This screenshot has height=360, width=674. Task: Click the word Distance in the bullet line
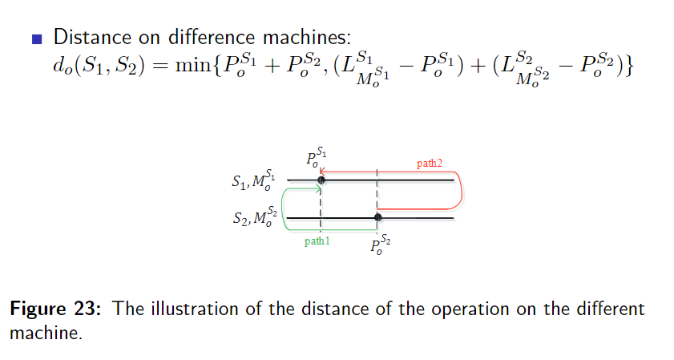pyautogui.click(x=90, y=37)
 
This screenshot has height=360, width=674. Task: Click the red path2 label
pyautogui.click(x=429, y=164)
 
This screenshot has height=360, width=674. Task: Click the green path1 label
pyautogui.click(x=317, y=241)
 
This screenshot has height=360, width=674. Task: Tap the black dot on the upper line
pyautogui.click(x=321, y=181)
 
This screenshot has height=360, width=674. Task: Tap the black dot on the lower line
pyautogui.click(x=378, y=217)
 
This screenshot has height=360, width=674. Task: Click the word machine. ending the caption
pyautogui.click(x=46, y=333)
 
